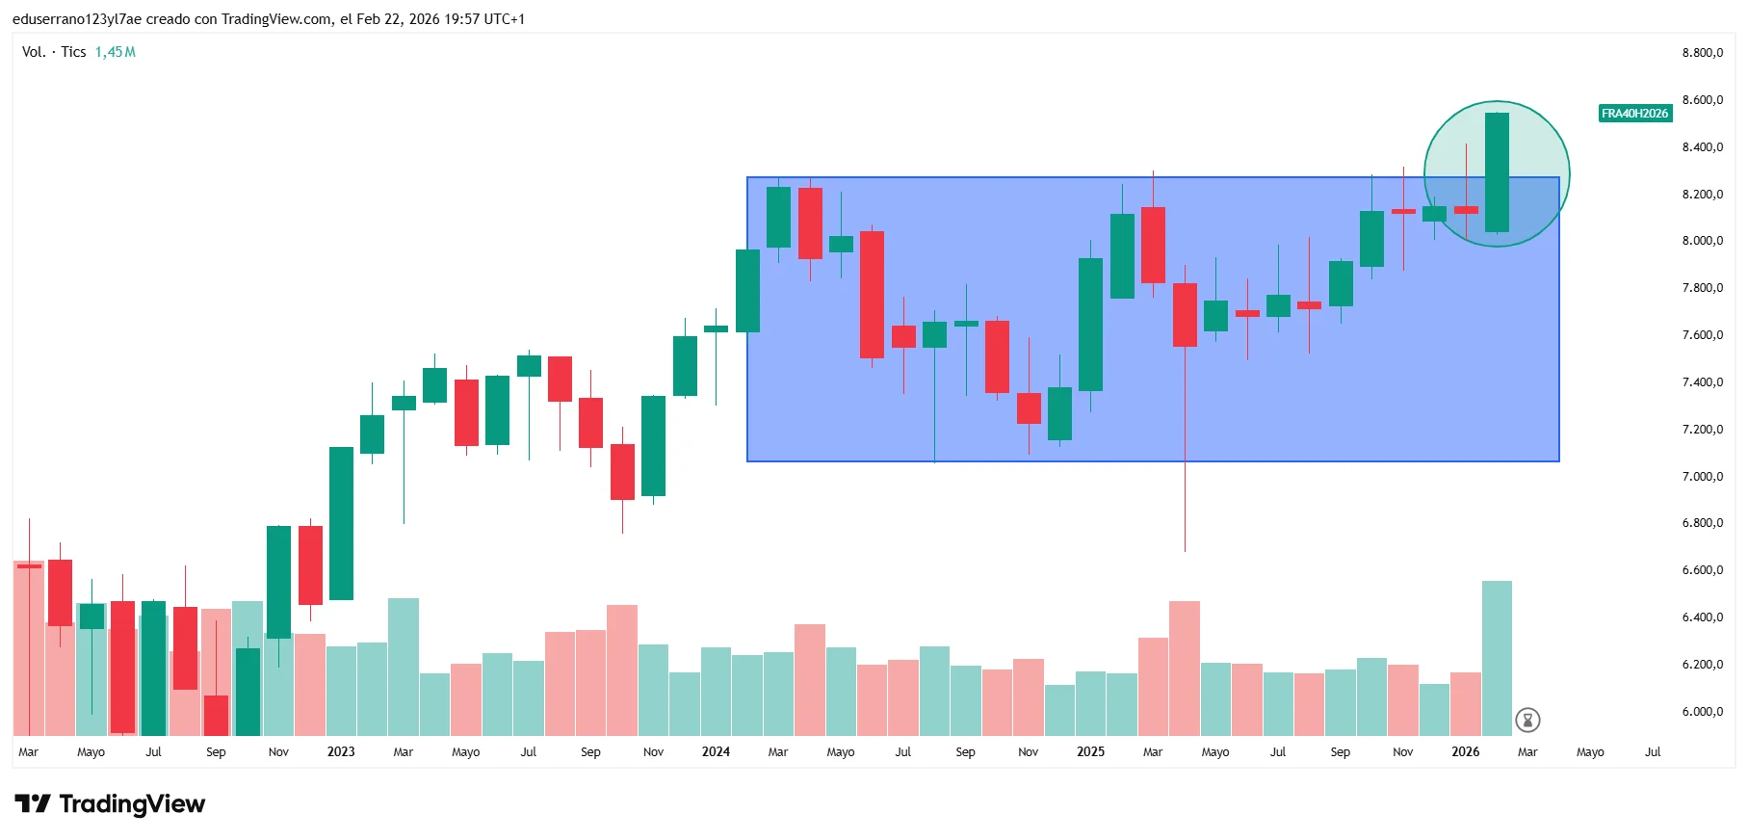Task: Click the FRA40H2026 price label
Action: point(1634,114)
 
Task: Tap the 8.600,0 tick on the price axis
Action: point(1702,100)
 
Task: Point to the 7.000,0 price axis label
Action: point(1702,477)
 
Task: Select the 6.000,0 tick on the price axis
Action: point(1702,712)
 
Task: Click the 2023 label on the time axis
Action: point(341,752)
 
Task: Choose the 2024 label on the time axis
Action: point(716,752)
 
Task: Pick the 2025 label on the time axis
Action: point(1090,752)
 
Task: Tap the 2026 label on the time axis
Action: point(1465,752)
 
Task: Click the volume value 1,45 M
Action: point(115,52)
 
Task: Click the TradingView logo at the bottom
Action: point(110,804)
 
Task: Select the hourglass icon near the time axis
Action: point(1527,720)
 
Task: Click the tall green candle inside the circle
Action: point(1497,172)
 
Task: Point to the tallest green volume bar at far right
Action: point(1497,658)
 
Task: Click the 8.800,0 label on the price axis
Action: point(1702,53)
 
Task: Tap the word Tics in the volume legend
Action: point(74,52)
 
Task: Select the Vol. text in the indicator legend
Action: point(34,52)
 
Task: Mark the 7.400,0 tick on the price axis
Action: point(1702,382)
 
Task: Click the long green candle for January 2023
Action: point(341,523)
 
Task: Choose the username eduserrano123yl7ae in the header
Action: point(77,19)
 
